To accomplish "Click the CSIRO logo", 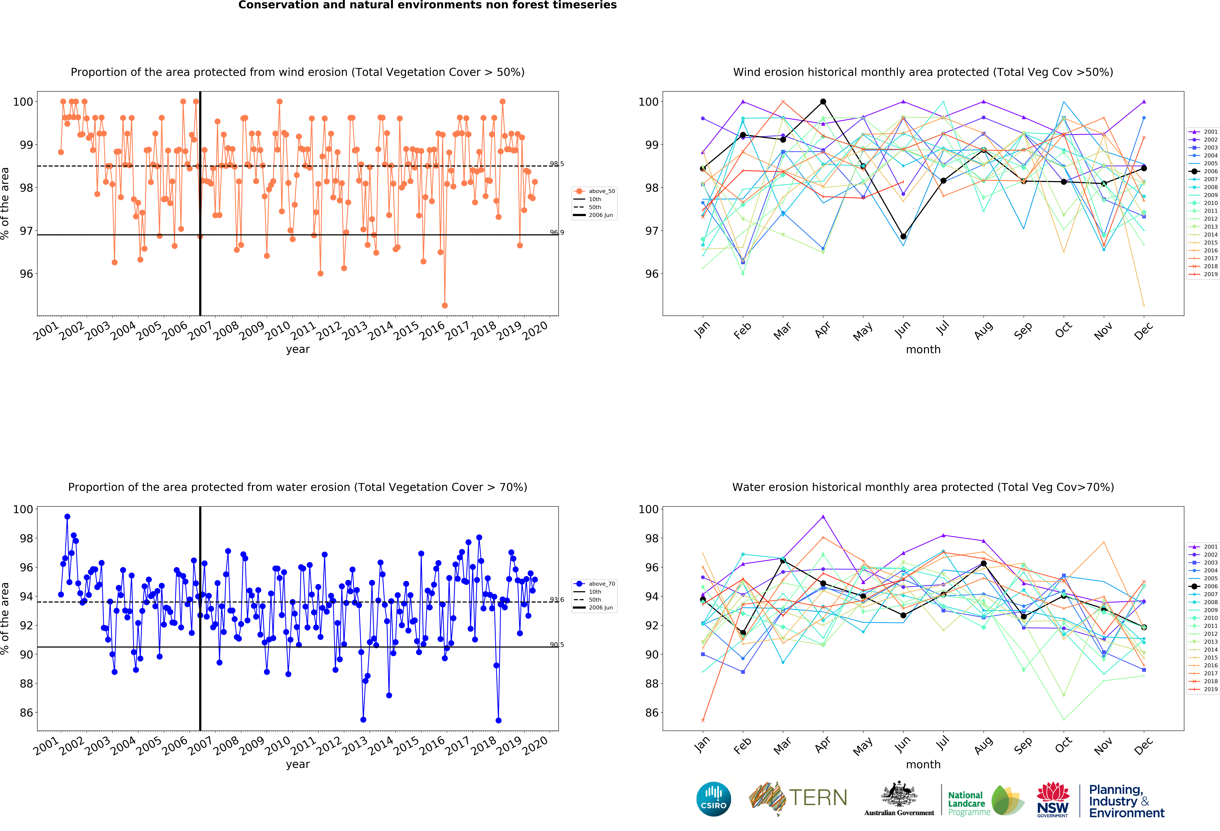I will click(x=713, y=800).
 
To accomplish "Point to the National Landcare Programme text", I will click(x=969, y=803).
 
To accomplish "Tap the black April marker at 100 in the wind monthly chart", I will click(x=823, y=102).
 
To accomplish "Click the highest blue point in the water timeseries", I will click(x=67, y=517).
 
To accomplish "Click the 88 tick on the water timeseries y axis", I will click(x=26, y=684).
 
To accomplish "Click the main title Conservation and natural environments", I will click(x=427, y=5).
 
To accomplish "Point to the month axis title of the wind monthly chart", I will click(x=923, y=349).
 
